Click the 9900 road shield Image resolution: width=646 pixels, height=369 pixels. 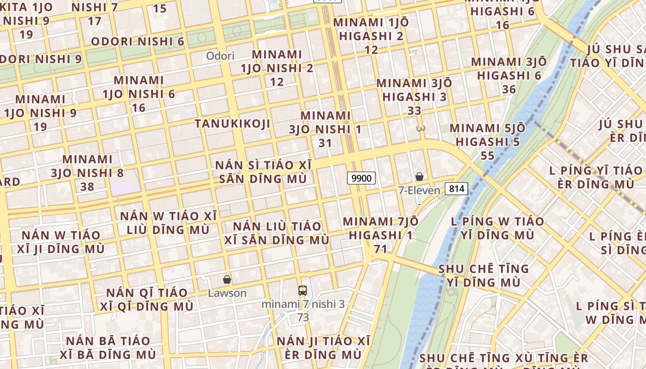click(x=361, y=178)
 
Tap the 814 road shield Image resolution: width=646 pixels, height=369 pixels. click(x=457, y=188)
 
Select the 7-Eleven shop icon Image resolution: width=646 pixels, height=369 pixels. click(x=419, y=177)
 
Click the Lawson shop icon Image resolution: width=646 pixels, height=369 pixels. click(x=227, y=280)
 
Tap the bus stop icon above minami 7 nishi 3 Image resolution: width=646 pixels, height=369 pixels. click(x=303, y=291)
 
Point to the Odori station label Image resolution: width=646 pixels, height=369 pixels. click(x=220, y=56)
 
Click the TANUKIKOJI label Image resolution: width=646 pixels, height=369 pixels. click(x=232, y=124)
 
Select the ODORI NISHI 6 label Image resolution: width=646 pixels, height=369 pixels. click(x=138, y=42)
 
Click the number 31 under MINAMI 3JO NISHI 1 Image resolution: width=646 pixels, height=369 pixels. click(x=325, y=143)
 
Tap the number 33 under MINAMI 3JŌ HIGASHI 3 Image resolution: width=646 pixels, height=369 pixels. click(x=414, y=111)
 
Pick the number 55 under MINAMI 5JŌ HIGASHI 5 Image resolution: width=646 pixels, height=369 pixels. click(x=487, y=155)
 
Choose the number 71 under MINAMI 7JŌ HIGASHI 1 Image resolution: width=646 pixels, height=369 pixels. click(x=380, y=249)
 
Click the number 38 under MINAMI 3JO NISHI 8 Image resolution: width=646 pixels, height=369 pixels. click(x=87, y=187)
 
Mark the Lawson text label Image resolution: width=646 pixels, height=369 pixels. click(x=227, y=293)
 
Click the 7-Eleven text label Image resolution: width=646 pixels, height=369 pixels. click(x=419, y=190)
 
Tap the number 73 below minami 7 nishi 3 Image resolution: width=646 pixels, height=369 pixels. click(x=303, y=317)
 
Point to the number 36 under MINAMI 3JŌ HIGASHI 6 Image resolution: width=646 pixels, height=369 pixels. click(x=509, y=89)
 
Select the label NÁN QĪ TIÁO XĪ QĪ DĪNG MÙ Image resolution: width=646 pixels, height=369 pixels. click(x=147, y=299)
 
